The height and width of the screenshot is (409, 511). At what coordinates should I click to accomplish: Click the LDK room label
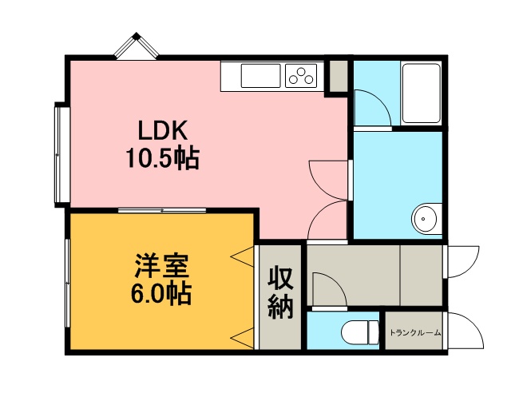point(163,130)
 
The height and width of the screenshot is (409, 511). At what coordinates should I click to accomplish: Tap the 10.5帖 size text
point(163,158)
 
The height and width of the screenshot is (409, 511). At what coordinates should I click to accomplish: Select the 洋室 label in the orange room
point(161,265)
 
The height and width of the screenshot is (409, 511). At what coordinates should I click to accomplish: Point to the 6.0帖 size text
point(161,293)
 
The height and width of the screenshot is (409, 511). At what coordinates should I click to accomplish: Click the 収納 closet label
point(280,292)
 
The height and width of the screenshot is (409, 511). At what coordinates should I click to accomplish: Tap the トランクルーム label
point(415,333)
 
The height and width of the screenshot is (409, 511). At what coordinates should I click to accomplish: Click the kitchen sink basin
point(261,76)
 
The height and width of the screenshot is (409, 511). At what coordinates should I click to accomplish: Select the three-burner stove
point(301,76)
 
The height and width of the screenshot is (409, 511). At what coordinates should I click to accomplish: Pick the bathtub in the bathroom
point(422,93)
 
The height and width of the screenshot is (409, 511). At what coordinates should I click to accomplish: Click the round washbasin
point(426,218)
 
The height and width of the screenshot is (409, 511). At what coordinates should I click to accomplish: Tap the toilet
point(360,333)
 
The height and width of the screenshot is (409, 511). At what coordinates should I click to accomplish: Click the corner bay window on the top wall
point(137,46)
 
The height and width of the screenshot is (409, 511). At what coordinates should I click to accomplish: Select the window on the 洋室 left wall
point(67,283)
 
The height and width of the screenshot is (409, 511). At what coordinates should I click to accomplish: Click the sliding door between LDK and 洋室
point(162,210)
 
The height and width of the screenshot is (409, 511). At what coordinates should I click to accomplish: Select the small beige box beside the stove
point(339,76)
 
